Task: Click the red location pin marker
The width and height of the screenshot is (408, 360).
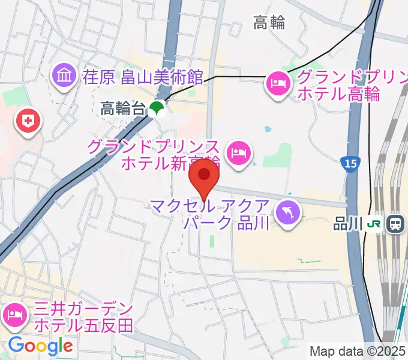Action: pos(205,175)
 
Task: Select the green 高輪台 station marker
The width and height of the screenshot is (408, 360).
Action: pos(157,109)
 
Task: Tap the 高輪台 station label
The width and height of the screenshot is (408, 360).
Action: pos(123,109)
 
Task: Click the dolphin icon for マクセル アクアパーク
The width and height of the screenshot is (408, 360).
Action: pos(288,214)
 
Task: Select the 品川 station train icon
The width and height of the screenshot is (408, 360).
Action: pos(396,224)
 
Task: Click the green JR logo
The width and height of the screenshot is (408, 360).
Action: pos(375,224)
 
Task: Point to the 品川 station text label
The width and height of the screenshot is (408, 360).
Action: pos(349,224)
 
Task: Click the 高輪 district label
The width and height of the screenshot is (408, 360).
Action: pos(269,24)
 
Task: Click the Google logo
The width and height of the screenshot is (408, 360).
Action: pos(40,346)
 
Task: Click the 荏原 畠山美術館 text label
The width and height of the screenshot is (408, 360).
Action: pos(143,76)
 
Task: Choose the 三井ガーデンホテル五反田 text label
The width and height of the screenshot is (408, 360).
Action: pos(83,317)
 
